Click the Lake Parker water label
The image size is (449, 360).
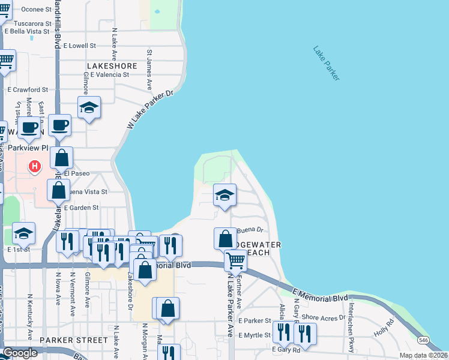tap(326, 63)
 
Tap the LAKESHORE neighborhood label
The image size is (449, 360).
tap(112, 66)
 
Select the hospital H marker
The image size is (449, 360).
tap(35, 166)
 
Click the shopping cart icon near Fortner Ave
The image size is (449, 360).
tap(236, 260)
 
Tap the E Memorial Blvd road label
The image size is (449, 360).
tap(321, 294)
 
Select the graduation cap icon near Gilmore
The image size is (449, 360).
tap(89, 107)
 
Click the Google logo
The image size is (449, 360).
tap(19, 353)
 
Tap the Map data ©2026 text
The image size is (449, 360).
tap(423, 355)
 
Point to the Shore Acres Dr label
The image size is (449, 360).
tap(324, 317)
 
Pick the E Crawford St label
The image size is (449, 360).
tap(28, 90)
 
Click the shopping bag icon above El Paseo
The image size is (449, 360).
tap(61, 158)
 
